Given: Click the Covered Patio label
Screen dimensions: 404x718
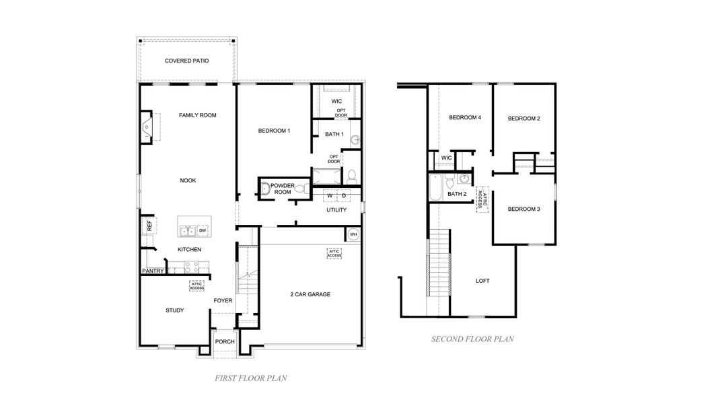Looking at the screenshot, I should click(x=186, y=61).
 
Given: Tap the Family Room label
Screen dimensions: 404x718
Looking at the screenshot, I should click(x=197, y=115).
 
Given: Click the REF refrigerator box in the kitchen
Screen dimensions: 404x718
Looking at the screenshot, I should click(x=149, y=226).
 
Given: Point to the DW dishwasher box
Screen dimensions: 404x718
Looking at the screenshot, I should click(x=202, y=230).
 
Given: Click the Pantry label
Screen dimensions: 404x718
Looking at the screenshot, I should click(x=153, y=271).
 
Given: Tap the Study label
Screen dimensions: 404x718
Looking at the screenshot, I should click(x=175, y=310).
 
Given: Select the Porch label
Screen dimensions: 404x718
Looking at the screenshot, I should click(x=225, y=341).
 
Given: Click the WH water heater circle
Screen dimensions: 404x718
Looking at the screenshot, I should click(x=353, y=234).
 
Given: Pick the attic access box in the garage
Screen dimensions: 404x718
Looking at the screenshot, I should click(x=334, y=254).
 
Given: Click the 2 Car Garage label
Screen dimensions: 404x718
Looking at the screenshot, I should click(x=310, y=294).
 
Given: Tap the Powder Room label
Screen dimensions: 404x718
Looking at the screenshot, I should click(x=283, y=188).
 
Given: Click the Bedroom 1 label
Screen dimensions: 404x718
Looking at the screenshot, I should click(x=274, y=131).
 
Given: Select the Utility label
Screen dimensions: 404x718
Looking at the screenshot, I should click(x=336, y=210).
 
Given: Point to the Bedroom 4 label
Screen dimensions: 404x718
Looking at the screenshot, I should click(x=465, y=117).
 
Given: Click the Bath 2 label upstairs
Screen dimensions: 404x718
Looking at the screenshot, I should click(x=457, y=194).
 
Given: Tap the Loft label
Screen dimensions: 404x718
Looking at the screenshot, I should click(x=482, y=280).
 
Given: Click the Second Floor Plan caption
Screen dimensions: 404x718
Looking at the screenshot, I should click(x=472, y=339).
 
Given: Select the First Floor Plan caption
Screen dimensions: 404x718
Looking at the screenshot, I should click(x=250, y=378).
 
